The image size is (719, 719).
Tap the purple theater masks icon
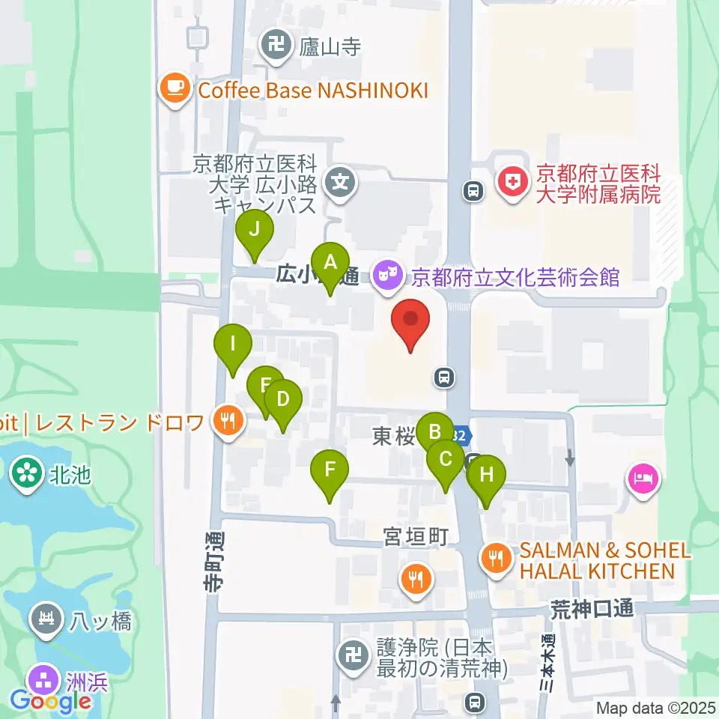(387, 276)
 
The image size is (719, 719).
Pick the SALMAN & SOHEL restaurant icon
(495, 558)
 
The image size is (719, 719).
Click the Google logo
(50, 702)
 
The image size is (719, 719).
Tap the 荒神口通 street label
(592, 608)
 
